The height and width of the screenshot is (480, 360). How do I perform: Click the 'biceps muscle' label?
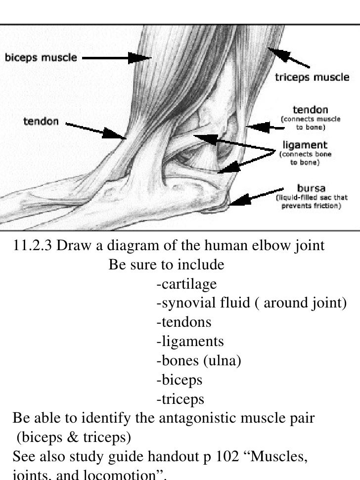[x=41, y=57]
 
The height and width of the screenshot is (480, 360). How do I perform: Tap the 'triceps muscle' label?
[x=312, y=77]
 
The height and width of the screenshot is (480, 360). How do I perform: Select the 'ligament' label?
[x=305, y=145]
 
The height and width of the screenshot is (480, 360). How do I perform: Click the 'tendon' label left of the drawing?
[x=42, y=121]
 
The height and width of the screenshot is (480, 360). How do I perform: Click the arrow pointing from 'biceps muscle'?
[x=117, y=58]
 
